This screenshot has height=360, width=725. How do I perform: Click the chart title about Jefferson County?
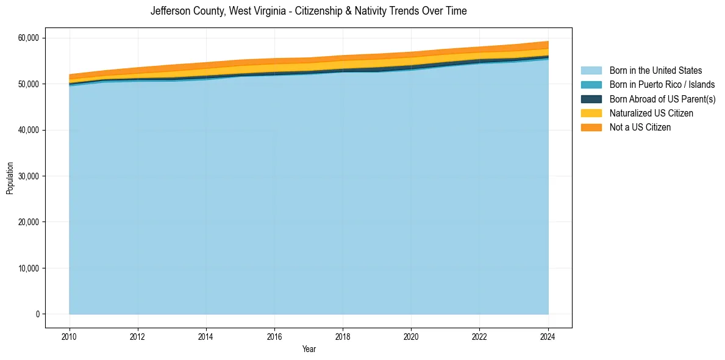pos(309,11)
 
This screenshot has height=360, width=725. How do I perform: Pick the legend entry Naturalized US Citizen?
pos(651,113)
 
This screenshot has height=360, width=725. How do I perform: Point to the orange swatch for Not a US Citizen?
pos(591,127)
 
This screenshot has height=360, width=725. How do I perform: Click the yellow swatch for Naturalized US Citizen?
pos(591,113)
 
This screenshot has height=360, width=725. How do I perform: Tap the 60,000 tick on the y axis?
pos(28,38)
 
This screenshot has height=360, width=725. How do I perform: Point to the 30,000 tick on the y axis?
pos(28,176)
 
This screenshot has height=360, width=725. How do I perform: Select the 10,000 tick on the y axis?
pos(28,268)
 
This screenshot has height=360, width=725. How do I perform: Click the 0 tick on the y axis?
pos(37,314)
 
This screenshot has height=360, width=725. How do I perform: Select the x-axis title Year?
pos(309,349)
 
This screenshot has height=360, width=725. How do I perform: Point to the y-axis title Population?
pos(10,178)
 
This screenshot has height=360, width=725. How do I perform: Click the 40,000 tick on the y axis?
pos(28,130)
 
